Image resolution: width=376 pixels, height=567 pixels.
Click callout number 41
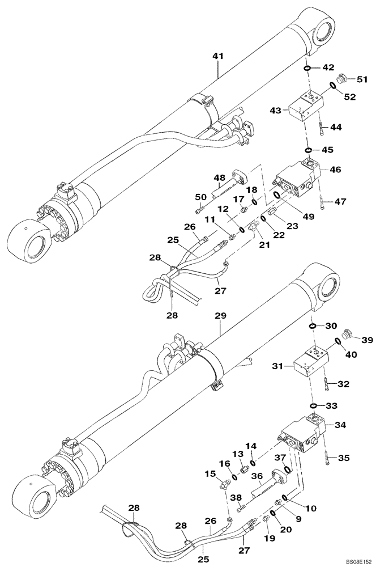[x=219, y=56]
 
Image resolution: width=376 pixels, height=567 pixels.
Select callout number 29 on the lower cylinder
[x=218, y=314]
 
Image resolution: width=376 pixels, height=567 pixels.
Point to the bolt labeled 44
[x=321, y=130]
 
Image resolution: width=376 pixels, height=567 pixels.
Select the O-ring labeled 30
[x=312, y=326]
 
